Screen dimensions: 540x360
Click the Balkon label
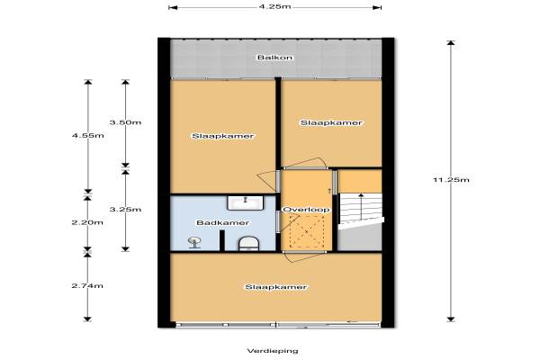[x=274, y=58]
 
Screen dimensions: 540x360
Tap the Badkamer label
[x=222, y=223]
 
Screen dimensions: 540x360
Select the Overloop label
[x=306, y=210]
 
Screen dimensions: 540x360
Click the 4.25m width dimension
[x=274, y=6]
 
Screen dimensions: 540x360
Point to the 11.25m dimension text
[x=451, y=179]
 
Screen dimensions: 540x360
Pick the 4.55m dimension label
[x=88, y=135]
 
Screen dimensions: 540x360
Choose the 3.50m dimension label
[x=125, y=122]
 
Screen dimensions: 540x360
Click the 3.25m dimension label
[x=125, y=210]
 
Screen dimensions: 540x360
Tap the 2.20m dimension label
[x=87, y=222]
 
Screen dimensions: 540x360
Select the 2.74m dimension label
[x=87, y=285]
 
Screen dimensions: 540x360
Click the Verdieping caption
[x=273, y=351]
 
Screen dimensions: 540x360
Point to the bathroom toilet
[x=248, y=243]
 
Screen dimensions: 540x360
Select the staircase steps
[x=361, y=211]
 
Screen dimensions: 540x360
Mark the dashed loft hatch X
[x=307, y=231]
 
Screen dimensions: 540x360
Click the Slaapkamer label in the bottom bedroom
[x=276, y=287]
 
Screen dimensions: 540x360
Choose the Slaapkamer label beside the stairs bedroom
[x=331, y=122]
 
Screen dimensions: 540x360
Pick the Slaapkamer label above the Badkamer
[x=223, y=136]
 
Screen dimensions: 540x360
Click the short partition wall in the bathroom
[x=222, y=240]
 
